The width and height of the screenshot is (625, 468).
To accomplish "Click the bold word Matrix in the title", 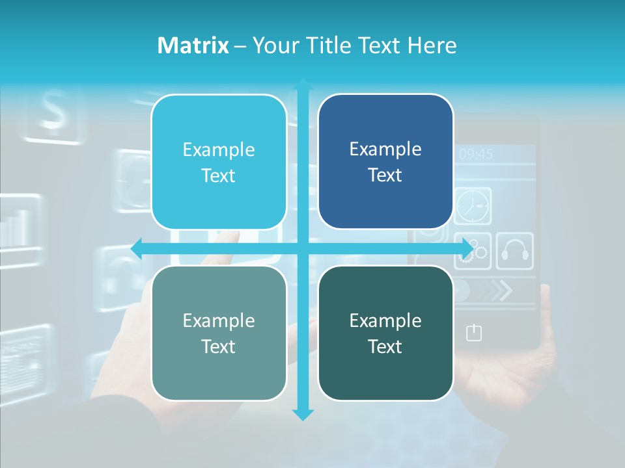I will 193,45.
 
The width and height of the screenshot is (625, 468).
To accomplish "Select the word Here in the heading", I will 432,45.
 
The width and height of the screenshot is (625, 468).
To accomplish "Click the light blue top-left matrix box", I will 219,162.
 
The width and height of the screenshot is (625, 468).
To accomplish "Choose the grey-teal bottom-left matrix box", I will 219,333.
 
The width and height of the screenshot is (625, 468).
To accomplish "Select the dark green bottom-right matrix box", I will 385,333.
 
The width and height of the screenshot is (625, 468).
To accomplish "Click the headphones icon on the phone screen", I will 515,251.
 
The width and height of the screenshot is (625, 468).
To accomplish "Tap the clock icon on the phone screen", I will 472,206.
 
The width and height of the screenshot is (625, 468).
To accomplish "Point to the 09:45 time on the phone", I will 476,154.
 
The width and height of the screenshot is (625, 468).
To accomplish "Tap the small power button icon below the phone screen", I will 474,333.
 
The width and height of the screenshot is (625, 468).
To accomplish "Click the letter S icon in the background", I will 54,111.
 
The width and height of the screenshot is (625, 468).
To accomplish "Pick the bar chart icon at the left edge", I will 16,225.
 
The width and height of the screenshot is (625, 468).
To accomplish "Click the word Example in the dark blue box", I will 385,149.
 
